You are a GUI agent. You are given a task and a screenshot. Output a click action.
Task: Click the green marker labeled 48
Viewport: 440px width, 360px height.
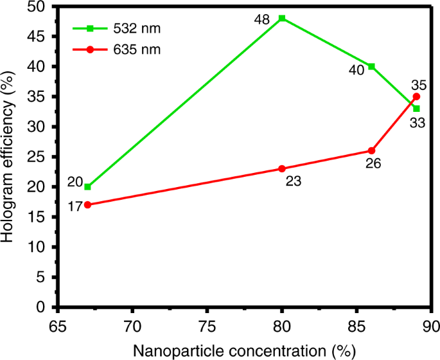click(282, 18)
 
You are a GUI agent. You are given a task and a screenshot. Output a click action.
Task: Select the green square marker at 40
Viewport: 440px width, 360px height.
click(371, 66)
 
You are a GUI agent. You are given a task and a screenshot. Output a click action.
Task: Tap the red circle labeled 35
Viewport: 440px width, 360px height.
click(416, 96)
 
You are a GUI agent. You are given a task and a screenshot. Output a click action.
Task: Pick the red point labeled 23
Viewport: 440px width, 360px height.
click(282, 168)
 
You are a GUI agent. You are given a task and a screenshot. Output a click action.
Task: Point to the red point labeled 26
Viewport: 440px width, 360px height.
click(371, 150)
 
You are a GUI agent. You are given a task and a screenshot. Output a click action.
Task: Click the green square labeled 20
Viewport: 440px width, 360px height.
click(87, 186)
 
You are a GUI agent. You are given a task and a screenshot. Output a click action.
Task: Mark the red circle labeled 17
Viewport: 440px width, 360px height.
click(87, 204)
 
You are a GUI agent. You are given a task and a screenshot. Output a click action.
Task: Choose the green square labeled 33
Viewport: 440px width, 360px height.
click(416, 109)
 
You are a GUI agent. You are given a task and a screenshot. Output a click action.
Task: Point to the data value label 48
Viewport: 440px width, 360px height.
click(261, 19)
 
